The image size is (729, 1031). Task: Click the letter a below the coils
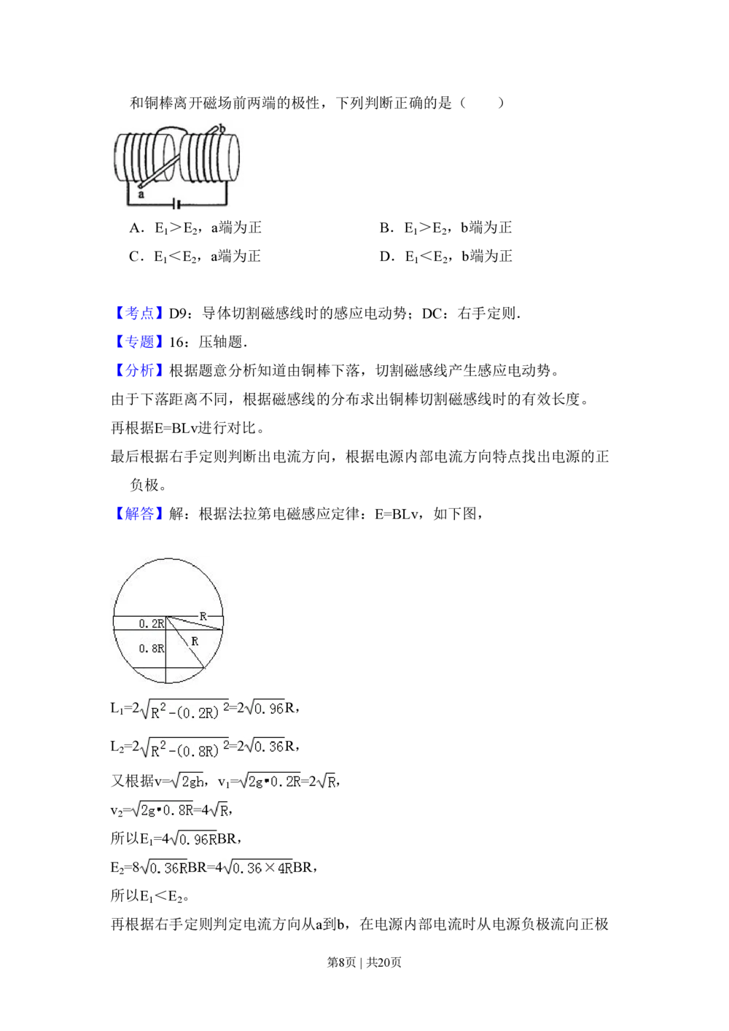(x=141, y=195)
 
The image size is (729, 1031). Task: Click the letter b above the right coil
(x=222, y=128)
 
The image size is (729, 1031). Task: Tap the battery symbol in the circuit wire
(x=175, y=206)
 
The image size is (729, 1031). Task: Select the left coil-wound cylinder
(x=145, y=158)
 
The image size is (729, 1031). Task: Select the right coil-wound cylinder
(x=208, y=158)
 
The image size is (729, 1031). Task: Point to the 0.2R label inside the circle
(x=151, y=623)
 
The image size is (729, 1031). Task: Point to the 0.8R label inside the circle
(x=151, y=648)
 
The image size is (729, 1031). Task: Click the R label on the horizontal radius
(x=203, y=616)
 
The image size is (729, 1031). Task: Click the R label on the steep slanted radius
(x=195, y=642)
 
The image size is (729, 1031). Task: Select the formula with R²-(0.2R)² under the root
(x=184, y=709)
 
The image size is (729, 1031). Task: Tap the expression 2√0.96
(x=262, y=707)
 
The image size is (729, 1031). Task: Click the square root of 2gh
(x=187, y=782)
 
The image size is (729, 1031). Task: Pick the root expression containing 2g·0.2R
(x=268, y=782)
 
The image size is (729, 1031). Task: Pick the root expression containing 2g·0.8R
(x=163, y=809)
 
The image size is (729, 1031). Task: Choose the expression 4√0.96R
(x=192, y=839)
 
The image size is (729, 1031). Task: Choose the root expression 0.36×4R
(x=260, y=868)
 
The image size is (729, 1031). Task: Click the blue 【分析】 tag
(x=139, y=370)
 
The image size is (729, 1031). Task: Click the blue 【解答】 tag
(x=139, y=514)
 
